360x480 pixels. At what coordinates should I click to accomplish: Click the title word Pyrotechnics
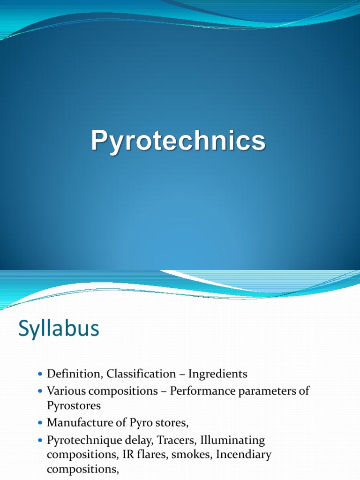(178, 141)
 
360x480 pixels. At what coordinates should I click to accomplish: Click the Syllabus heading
(59, 329)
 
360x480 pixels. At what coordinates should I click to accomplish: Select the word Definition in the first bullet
(75, 374)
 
